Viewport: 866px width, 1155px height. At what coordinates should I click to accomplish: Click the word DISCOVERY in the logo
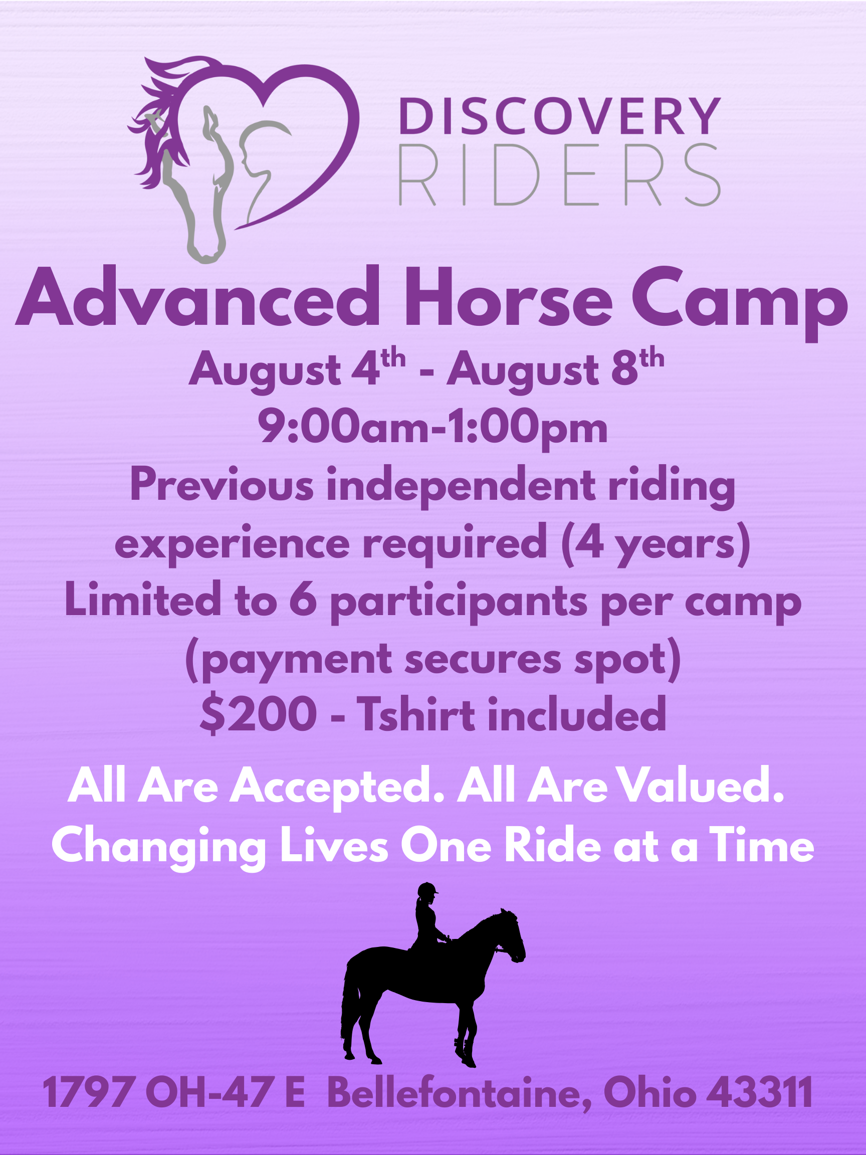[x=560, y=116]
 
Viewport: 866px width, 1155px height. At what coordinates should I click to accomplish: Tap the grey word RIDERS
[x=560, y=175]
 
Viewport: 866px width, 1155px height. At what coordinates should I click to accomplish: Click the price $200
[x=259, y=714]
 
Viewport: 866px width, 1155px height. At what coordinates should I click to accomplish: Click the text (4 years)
[x=656, y=544]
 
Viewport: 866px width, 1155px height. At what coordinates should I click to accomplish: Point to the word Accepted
[x=337, y=786]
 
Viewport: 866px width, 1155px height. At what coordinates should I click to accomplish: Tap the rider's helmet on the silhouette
[x=427, y=887]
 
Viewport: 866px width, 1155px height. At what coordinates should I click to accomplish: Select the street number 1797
[x=88, y=1091]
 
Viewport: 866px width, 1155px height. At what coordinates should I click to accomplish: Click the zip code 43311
[x=760, y=1091]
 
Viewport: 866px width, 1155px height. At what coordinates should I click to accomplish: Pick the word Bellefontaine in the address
[x=460, y=1092]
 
